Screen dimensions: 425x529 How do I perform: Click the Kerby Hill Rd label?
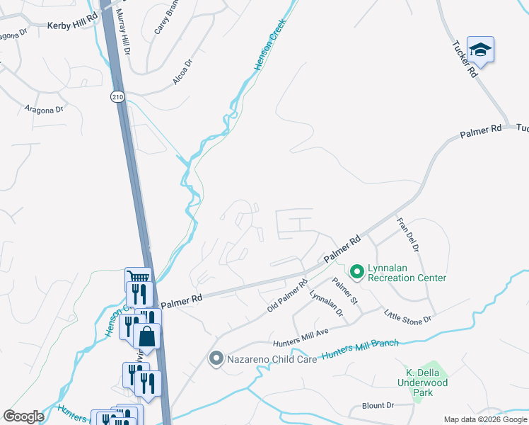pyautogui.click(x=71, y=25)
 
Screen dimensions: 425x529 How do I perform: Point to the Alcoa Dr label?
pyautogui.click(x=183, y=73)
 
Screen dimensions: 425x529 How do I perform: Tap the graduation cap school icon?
pyautogui.click(x=480, y=50)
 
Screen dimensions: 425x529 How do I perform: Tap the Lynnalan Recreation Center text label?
pyautogui.click(x=407, y=278)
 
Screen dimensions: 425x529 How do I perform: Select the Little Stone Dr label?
pyautogui.click(x=407, y=317)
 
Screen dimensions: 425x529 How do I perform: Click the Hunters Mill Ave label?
pyautogui.click(x=302, y=334)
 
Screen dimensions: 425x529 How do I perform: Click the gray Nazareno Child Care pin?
pyautogui.click(x=216, y=359)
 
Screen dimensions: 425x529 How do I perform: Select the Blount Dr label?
pyautogui.click(x=377, y=406)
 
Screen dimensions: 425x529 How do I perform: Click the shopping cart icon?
pyautogui.click(x=138, y=278)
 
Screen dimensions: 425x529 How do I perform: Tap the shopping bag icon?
pyautogui.click(x=147, y=336)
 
